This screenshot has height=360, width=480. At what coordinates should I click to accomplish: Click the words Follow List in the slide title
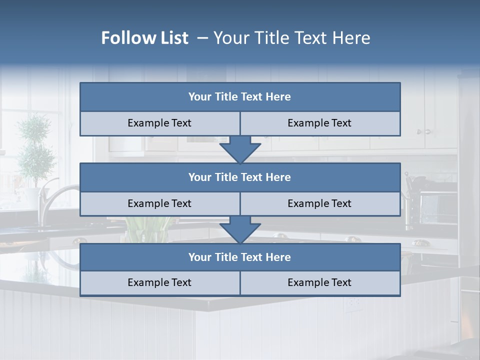click(144, 38)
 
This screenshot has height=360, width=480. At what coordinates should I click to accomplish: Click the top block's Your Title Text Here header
click(239, 97)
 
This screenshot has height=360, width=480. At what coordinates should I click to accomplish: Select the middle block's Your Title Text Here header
click(239, 177)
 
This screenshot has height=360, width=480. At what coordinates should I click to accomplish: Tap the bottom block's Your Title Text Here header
click(239, 257)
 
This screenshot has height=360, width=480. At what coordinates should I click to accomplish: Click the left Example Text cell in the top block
click(159, 123)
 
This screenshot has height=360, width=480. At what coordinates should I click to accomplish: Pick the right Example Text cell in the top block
click(319, 123)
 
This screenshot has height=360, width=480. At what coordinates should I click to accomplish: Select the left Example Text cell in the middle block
click(159, 204)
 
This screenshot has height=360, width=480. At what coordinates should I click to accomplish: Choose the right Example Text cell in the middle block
click(319, 204)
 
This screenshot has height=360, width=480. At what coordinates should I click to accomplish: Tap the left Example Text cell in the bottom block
click(159, 283)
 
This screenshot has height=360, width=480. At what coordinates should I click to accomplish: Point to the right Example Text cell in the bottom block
click(319, 283)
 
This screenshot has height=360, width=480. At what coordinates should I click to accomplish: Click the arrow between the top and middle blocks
click(240, 150)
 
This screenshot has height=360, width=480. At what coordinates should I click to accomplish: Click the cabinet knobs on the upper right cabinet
click(423, 131)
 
